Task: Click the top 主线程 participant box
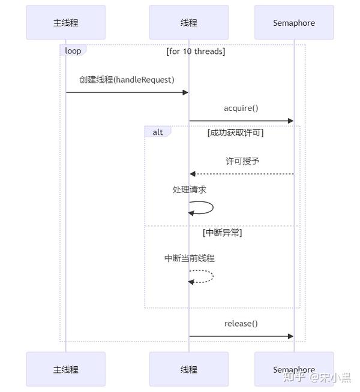pyautogui.click(x=65, y=23)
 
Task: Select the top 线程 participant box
pyautogui.click(x=188, y=23)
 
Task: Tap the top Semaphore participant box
pyautogui.click(x=293, y=23)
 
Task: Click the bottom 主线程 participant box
pyautogui.click(x=65, y=369)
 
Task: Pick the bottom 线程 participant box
pyautogui.click(x=188, y=369)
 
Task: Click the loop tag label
pyautogui.click(x=73, y=51)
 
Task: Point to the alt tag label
pyautogui.click(x=157, y=132)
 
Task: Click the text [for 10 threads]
pyautogui.click(x=196, y=52)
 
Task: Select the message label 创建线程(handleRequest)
pyautogui.click(x=127, y=80)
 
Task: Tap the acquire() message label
pyautogui.click(x=241, y=108)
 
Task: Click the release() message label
pyautogui.click(x=241, y=324)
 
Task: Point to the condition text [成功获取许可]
pyautogui.click(x=235, y=132)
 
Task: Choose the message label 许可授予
pyautogui.click(x=242, y=161)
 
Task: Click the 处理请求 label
pyautogui.click(x=190, y=189)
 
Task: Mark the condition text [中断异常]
pyautogui.click(x=222, y=233)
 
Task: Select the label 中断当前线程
pyautogui.click(x=190, y=258)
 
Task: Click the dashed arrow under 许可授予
pyautogui.click(x=241, y=174)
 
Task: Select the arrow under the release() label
pyautogui.click(x=241, y=336)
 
